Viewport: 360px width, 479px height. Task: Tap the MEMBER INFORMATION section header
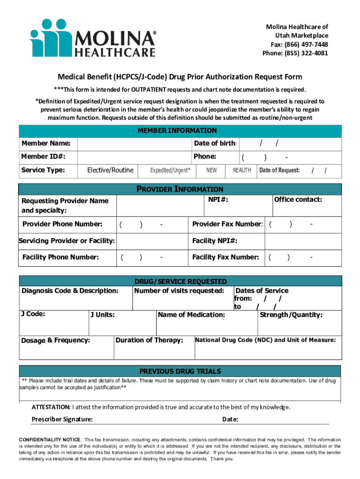tap(177, 131)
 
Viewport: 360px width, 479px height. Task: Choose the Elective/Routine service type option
tap(110, 170)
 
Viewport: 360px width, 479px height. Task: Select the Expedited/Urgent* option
tap(170, 171)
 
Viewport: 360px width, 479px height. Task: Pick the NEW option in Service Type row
tap(211, 171)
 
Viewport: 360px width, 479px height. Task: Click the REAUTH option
tap(242, 171)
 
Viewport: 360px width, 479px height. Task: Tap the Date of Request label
tap(280, 171)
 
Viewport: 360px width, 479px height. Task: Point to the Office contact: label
tap(298, 200)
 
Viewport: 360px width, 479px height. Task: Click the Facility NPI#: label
tap(215, 241)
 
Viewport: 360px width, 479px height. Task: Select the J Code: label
tap(33, 314)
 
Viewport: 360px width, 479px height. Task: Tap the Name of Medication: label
tap(191, 315)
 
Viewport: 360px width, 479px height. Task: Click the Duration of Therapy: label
tap(149, 340)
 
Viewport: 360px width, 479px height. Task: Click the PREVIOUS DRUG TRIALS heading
tap(180, 371)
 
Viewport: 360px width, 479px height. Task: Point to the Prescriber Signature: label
tap(62, 419)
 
